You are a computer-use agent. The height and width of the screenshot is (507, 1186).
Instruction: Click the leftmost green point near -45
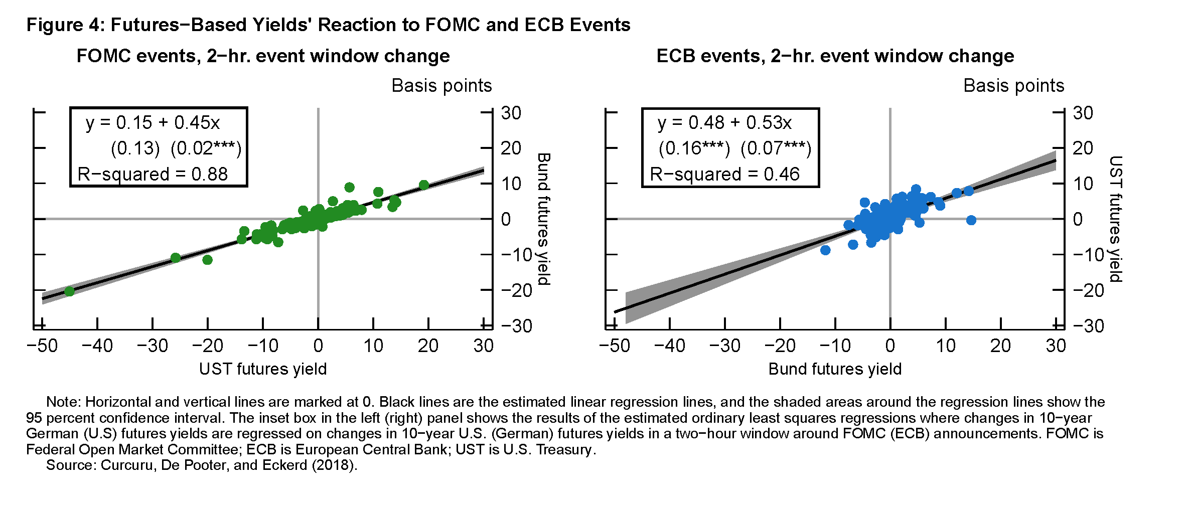pos(69,291)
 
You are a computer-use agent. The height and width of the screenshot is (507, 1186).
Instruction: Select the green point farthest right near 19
pos(424,185)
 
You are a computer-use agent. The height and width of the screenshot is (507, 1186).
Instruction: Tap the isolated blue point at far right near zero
pos(971,220)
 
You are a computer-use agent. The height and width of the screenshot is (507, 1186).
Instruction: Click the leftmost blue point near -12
pos(825,250)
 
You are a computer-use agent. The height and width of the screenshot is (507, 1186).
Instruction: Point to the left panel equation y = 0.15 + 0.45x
pos(153,122)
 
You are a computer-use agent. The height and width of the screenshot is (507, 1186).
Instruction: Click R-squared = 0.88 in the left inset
pos(153,174)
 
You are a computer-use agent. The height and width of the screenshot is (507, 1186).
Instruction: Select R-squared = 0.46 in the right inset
pos(724,174)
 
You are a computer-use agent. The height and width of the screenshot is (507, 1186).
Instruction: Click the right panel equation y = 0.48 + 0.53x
pos(724,122)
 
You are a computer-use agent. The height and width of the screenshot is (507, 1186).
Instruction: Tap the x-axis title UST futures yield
pos(263,369)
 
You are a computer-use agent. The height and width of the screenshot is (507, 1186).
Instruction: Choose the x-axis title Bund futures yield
pos(835,369)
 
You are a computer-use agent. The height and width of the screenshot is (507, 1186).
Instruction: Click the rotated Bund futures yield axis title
pos(544,219)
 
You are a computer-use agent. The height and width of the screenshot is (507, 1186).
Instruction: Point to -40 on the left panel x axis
pos(97,346)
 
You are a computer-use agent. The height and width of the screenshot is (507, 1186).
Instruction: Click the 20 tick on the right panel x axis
pos(1000,346)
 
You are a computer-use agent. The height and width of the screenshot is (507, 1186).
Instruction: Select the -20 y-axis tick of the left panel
pos(516,290)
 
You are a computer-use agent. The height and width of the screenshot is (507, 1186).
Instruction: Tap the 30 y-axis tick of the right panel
pos(1083,113)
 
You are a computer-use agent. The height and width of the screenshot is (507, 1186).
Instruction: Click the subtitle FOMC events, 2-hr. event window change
pos(263,56)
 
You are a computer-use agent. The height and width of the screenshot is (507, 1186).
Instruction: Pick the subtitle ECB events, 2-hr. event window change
pos(835,56)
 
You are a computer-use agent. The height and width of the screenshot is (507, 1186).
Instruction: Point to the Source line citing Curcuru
pos(202,465)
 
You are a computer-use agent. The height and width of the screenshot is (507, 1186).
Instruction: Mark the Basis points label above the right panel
pos(1013,86)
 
